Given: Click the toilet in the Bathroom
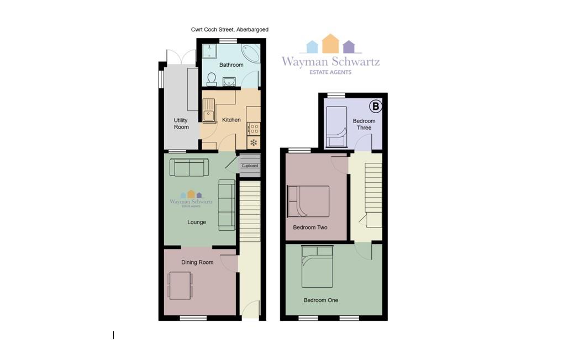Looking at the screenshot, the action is [x=212, y=80].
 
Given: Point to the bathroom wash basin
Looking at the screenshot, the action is [x=229, y=82].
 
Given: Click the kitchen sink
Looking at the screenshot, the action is [x=208, y=110].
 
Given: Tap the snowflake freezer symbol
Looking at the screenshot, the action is [x=254, y=142].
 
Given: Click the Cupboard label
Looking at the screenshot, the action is [x=250, y=166].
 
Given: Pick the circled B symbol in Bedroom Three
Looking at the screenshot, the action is [x=376, y=106].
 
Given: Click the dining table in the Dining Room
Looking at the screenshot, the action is [x=180, y=285].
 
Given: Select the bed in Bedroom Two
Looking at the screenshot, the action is [x=308, y=202].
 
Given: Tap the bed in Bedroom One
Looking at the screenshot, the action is [x=317, y=267].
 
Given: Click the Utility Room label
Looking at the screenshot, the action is [x=181, y=124].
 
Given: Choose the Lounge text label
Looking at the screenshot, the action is [x=197, y=222].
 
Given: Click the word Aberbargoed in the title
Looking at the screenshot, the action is [x=252, y=29].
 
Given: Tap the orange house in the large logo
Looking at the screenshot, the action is [x=330, y=44].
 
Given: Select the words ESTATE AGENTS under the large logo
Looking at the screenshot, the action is [x=330, y=72].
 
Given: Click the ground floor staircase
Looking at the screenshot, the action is [x=250, y=211].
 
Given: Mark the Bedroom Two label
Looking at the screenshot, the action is [x=310, y=227].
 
